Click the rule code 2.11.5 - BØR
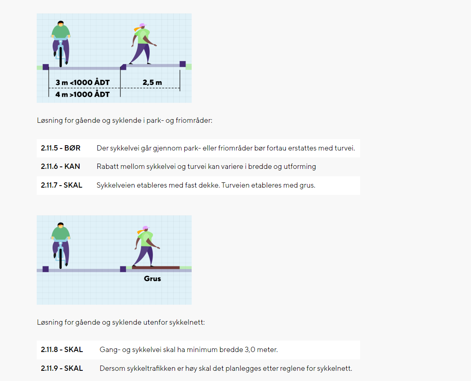(61, 148)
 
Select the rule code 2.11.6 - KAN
(60, 166)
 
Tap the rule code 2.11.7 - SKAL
(62, 185)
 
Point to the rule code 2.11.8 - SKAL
(62, 350)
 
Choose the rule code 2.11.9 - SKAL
(62, 368)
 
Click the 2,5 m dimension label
(152, 82)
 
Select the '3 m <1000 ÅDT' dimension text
(83, 82)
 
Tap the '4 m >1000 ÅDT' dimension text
(83, 94)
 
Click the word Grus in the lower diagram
(152, 279)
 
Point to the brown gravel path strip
(156, 268)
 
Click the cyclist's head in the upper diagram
(61, 24)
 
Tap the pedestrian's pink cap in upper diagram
(142, 25)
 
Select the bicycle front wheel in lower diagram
(61, 258)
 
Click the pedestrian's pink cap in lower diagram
(146, 228)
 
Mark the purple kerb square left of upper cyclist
(46, 67)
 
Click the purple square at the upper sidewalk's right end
(183, 64)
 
